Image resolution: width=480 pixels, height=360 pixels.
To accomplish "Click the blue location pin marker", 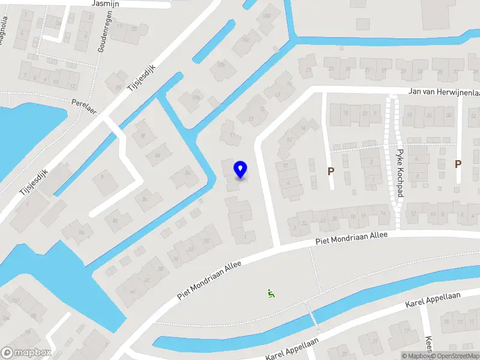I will [241, 170].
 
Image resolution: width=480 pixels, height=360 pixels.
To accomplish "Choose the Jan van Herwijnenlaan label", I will [443, 92].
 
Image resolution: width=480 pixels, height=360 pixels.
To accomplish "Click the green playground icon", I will [271, 293].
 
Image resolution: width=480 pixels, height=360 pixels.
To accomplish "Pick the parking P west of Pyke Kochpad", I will [331, 172].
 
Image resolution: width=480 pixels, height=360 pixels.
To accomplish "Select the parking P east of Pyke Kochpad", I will [458, 164].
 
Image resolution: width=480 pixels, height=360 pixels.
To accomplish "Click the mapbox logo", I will [26, 353].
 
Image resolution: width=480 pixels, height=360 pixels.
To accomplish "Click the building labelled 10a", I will [196, 97].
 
